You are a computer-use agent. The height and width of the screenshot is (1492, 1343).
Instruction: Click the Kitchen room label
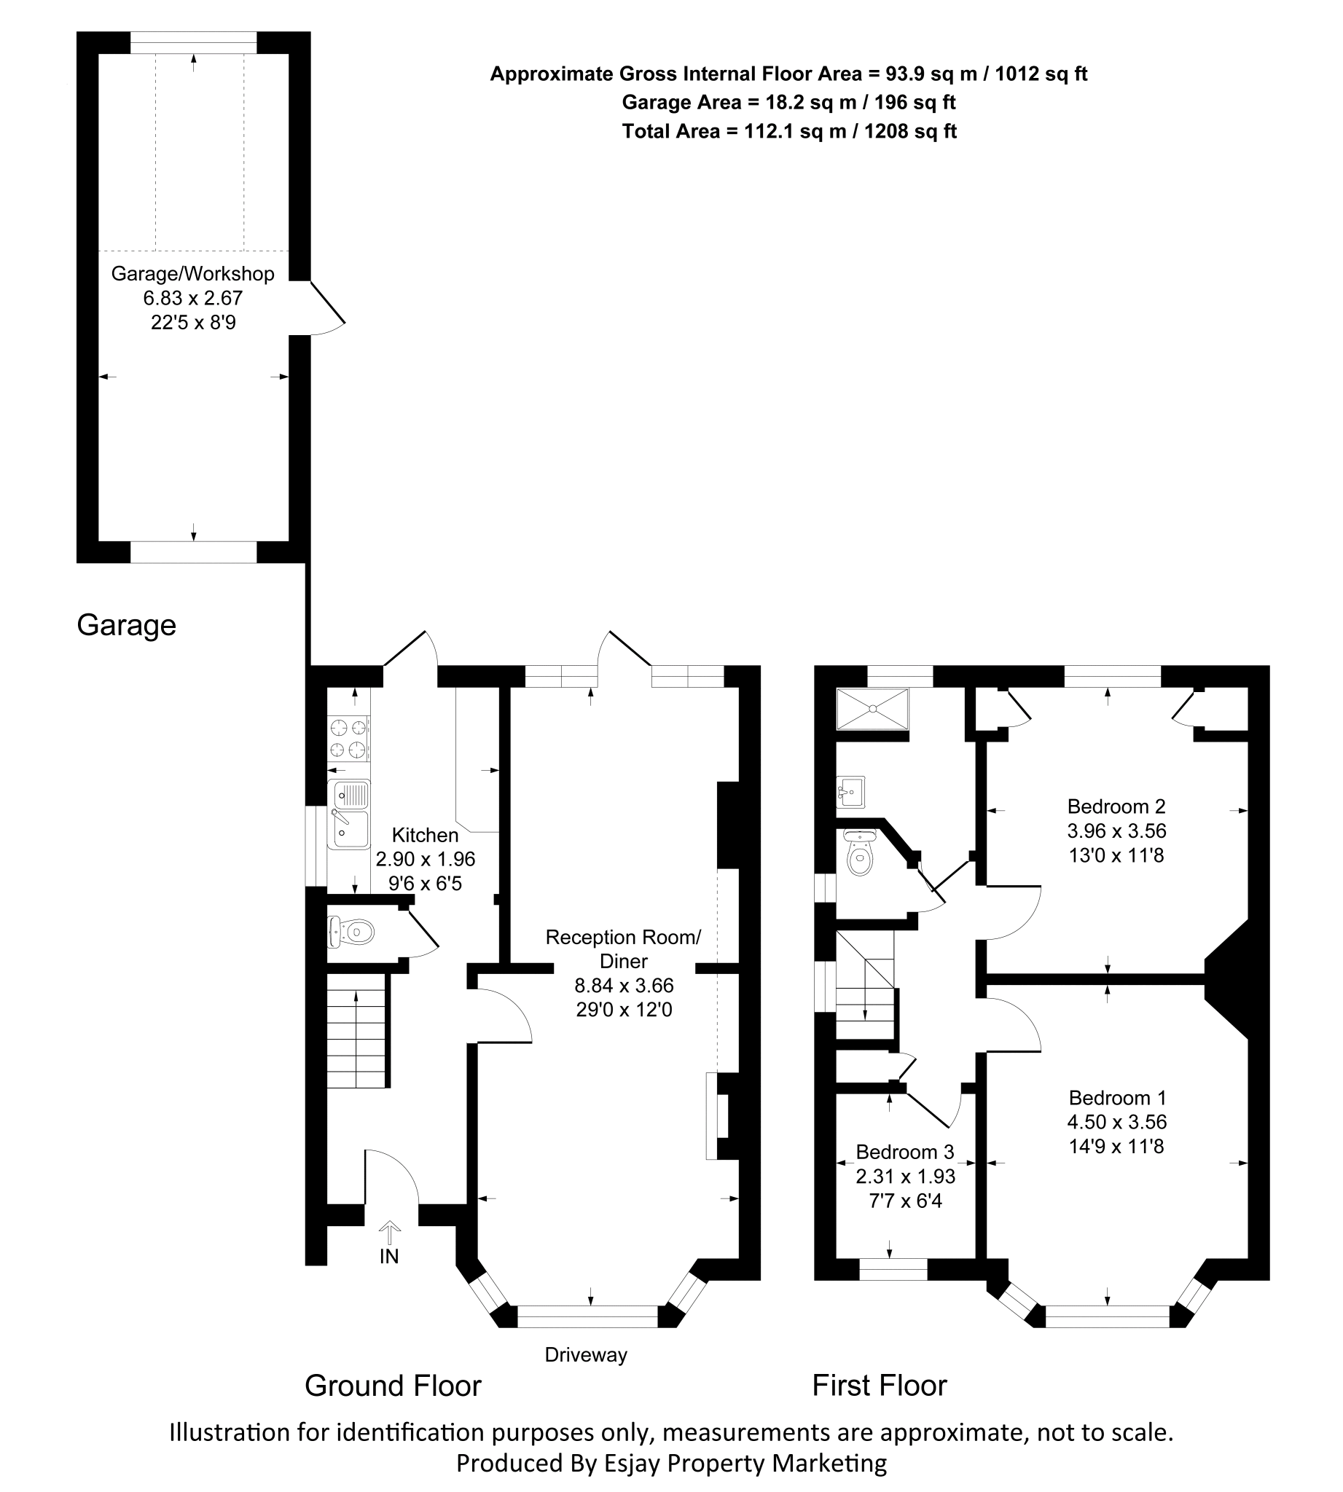tap(424, 835)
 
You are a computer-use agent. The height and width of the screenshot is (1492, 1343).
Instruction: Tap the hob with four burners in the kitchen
tap(348, 739)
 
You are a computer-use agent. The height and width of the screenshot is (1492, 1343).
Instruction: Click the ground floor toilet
tap(353, 932)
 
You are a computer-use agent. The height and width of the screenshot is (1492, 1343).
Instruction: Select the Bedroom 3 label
tap(904, 1151)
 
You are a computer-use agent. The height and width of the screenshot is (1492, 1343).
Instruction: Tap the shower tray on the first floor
tap(872, 708)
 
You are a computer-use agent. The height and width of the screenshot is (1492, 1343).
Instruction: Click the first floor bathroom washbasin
tap(850, 792)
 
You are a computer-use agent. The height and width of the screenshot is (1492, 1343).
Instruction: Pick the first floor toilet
tap(860, 854)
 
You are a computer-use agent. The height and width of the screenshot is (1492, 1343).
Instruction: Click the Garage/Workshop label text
tap(192, 274)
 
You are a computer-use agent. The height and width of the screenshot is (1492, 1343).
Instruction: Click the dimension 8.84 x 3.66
tap(624, 985)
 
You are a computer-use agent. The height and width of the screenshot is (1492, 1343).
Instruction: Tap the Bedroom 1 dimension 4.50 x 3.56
tap(1116, 1122)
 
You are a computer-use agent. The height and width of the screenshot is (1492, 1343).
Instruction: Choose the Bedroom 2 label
tap(1116, 806)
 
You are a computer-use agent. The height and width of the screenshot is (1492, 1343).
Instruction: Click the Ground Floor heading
tap(393, 1386)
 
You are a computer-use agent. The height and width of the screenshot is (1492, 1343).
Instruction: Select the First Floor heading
tap(879, 1386)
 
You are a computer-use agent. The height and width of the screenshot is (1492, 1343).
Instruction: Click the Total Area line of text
tap(789, 131)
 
